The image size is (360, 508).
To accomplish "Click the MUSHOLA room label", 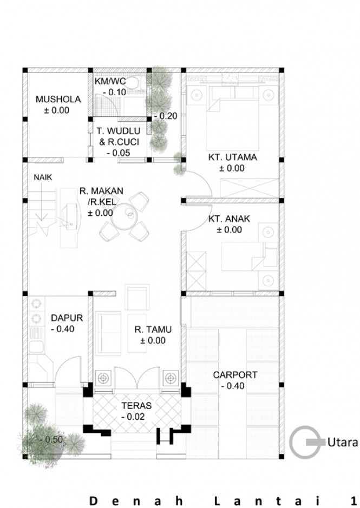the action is point(58,99).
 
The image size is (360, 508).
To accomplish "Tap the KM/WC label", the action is point(110,81).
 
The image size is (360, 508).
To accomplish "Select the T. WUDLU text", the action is point(119,131).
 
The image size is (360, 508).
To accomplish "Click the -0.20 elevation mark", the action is point(166,116).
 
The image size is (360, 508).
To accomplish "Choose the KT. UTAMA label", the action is point(233,157).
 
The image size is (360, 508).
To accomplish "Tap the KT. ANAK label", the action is point(229,219).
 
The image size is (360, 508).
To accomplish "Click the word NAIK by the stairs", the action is point(43,177).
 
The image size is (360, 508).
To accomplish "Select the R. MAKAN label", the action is point(102,191).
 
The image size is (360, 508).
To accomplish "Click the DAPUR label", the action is point(67,318).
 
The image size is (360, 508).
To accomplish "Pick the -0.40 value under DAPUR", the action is point(63,329).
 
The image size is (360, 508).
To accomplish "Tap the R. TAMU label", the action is point(153,329).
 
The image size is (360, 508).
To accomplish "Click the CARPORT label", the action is point(235,375).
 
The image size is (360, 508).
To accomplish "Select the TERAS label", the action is point(136,406).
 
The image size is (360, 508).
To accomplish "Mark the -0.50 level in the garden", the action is point(51,440).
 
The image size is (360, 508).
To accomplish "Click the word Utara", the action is point(343,442).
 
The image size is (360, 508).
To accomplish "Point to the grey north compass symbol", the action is point(307,441).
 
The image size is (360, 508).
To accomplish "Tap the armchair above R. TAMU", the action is point(137,297).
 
